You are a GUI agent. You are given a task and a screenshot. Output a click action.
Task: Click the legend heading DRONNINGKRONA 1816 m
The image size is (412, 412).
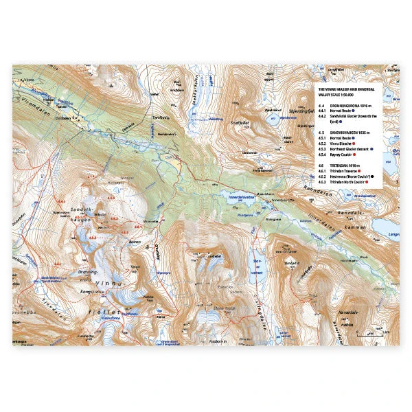pyautogui.click(x=346, y=105)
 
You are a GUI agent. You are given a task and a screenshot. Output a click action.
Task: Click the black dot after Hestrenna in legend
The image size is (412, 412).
pyautogui.click(x=375, y=176)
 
